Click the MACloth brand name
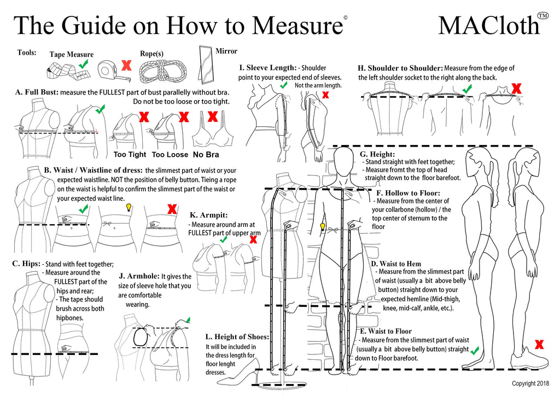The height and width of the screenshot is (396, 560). [x=488, y=25]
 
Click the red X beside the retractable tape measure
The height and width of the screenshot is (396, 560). [x=126, y=66]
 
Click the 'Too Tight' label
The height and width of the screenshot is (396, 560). [x=130, y=154]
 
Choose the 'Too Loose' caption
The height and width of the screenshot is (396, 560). [x=170, y=154]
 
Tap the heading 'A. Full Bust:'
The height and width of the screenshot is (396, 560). [x=36, y=92]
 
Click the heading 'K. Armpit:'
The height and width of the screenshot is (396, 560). [x=208, y=215]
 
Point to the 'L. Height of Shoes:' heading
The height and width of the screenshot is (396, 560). [x=237, y=336]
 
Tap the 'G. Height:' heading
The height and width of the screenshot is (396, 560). [x=377, y=154]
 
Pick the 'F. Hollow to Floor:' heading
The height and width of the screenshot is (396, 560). [x=408, y=193]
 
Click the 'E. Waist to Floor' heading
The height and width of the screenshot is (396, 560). [x=386, y=331]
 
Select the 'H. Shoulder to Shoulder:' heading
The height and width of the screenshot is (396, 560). [x=400, y=68]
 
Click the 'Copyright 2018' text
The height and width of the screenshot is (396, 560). [x=531, y=383]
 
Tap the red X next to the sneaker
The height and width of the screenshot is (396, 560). [x=539, y=344]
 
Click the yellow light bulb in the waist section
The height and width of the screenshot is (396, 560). [x=130, y=207]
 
